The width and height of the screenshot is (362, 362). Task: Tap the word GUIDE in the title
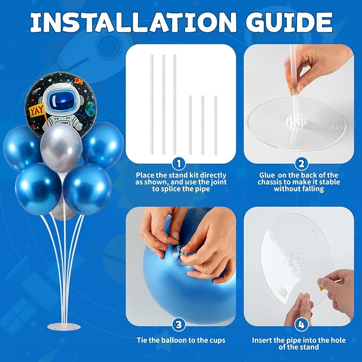289,22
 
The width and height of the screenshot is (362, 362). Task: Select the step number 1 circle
179,164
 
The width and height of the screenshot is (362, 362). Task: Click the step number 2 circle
302,164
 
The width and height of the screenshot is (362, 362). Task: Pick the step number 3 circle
179,325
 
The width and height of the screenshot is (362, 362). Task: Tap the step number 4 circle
302,325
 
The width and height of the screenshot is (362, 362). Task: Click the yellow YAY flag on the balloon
37,111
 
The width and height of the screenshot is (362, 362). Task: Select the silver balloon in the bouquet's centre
61,148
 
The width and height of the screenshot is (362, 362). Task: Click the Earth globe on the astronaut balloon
91,109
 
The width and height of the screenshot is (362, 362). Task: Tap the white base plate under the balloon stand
64,326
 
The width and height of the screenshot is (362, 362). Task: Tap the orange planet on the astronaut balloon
79,81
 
